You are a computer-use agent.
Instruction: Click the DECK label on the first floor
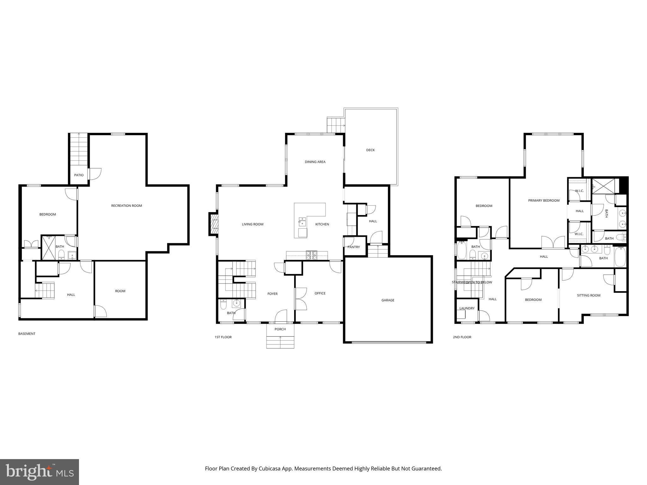pos(370,150)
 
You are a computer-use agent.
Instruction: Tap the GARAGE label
pos(388,300)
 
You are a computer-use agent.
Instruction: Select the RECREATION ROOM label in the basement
pos(126,206)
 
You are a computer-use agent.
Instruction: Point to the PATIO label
pos(79,175)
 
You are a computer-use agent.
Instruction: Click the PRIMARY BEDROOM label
pos(544,201)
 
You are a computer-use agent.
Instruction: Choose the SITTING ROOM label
pos(589,296)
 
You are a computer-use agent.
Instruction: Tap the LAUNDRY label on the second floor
pos(467,308)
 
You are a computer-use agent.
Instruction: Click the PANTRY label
pos(354,247)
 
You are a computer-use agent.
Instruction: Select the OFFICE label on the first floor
pos(320,293)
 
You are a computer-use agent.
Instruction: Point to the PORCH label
pos(280,329)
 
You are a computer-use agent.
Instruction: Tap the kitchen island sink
pos(302,221)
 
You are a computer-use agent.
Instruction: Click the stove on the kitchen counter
pos(311,255)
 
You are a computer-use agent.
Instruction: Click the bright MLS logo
pos(39,472)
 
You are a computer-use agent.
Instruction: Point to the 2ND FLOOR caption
pos(462,337)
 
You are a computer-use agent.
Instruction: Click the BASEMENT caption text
pos(27,334)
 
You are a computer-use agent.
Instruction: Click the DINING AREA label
pos(315,162)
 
